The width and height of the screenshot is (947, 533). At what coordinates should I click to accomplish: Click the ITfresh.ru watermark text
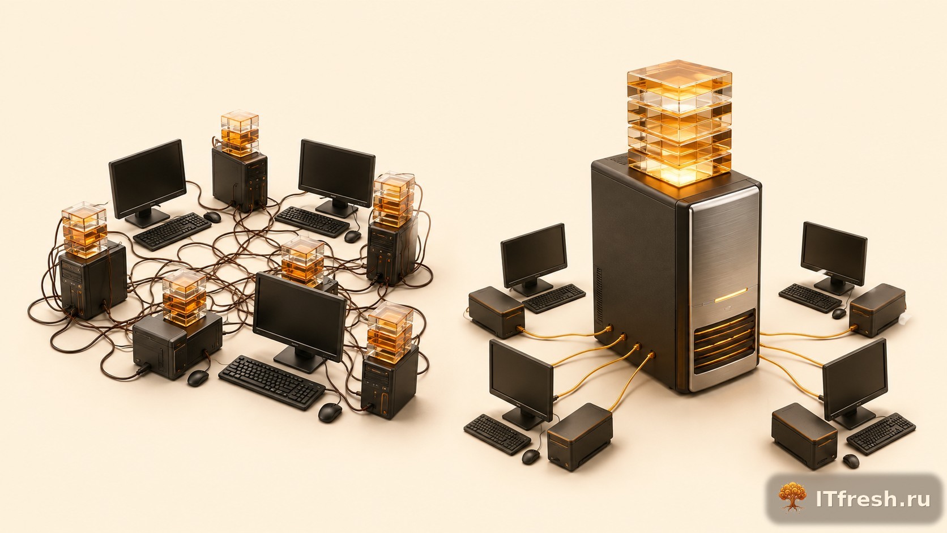(873, 499)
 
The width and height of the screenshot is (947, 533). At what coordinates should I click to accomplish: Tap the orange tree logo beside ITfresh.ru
(792, 497)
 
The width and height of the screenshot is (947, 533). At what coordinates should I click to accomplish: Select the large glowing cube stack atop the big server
(680, 123)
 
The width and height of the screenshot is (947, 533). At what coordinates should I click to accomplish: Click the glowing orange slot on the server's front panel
(731, 295)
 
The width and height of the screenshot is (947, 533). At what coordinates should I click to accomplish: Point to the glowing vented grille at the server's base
(724, 341)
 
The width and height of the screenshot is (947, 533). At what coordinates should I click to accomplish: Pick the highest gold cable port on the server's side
(609, 328)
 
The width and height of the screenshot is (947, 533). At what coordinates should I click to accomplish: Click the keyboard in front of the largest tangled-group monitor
(272, 382)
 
